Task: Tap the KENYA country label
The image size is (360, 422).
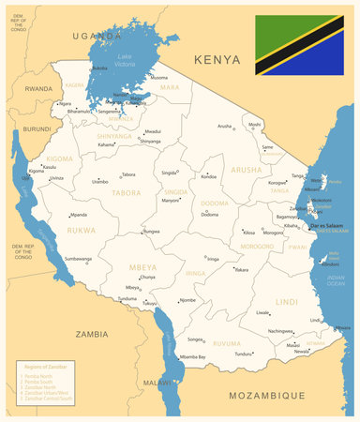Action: pos(217,59)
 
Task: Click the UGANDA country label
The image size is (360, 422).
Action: pos(97,36)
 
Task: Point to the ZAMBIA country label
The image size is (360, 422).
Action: pos(92,334)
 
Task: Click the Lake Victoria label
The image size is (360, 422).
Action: pos(126,62)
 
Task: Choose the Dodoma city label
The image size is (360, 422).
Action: pos(210,215)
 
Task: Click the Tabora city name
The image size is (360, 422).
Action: pos(128,174)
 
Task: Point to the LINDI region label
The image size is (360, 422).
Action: pos(288,301)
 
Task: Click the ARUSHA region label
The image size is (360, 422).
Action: pos(247,170)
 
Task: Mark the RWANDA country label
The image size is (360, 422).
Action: pos(38,88)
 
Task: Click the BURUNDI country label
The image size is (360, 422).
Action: pos(37,128)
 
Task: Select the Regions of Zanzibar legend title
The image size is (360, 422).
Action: pos(43,367)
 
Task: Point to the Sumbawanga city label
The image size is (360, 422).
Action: pos(78,258)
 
